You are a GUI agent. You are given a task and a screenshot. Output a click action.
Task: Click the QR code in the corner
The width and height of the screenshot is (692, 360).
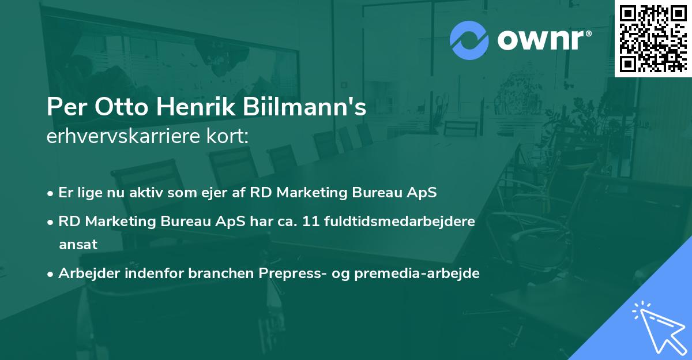tap(653, 39)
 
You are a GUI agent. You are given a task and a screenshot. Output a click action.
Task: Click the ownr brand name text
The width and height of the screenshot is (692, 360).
tap(543, 40)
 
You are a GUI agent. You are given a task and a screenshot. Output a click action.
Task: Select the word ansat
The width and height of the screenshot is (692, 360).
tap(78, 245)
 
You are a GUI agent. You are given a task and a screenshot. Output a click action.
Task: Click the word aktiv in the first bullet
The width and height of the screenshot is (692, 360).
tap(146, 193)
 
